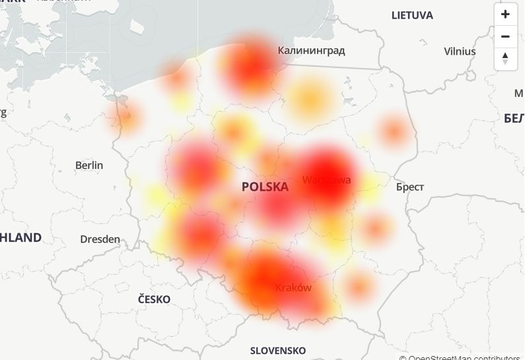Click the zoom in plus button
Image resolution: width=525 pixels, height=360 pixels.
click(505, 14)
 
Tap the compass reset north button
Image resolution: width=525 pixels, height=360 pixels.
click(505, 58)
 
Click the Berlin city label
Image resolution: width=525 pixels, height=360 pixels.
click(89, 165)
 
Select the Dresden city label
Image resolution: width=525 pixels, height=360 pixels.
click(100, 239)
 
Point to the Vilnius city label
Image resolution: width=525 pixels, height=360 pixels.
click(460, 51)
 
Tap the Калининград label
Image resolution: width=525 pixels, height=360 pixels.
click(311, 50)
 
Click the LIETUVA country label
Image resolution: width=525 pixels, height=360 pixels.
click(412, 15)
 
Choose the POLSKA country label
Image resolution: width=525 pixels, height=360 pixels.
click(265, 187)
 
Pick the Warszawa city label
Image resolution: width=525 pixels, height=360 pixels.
click(327, 180)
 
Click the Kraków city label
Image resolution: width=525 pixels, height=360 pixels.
click(293, 288)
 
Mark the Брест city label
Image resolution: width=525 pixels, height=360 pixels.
click(409, 187)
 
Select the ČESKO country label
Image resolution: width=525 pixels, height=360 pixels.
click(154, 299)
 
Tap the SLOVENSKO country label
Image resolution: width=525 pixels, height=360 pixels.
click(278, 350)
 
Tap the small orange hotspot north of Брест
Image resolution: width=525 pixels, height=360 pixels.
click(394, 131)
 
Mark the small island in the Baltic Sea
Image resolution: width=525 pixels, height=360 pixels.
click(137, 26)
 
